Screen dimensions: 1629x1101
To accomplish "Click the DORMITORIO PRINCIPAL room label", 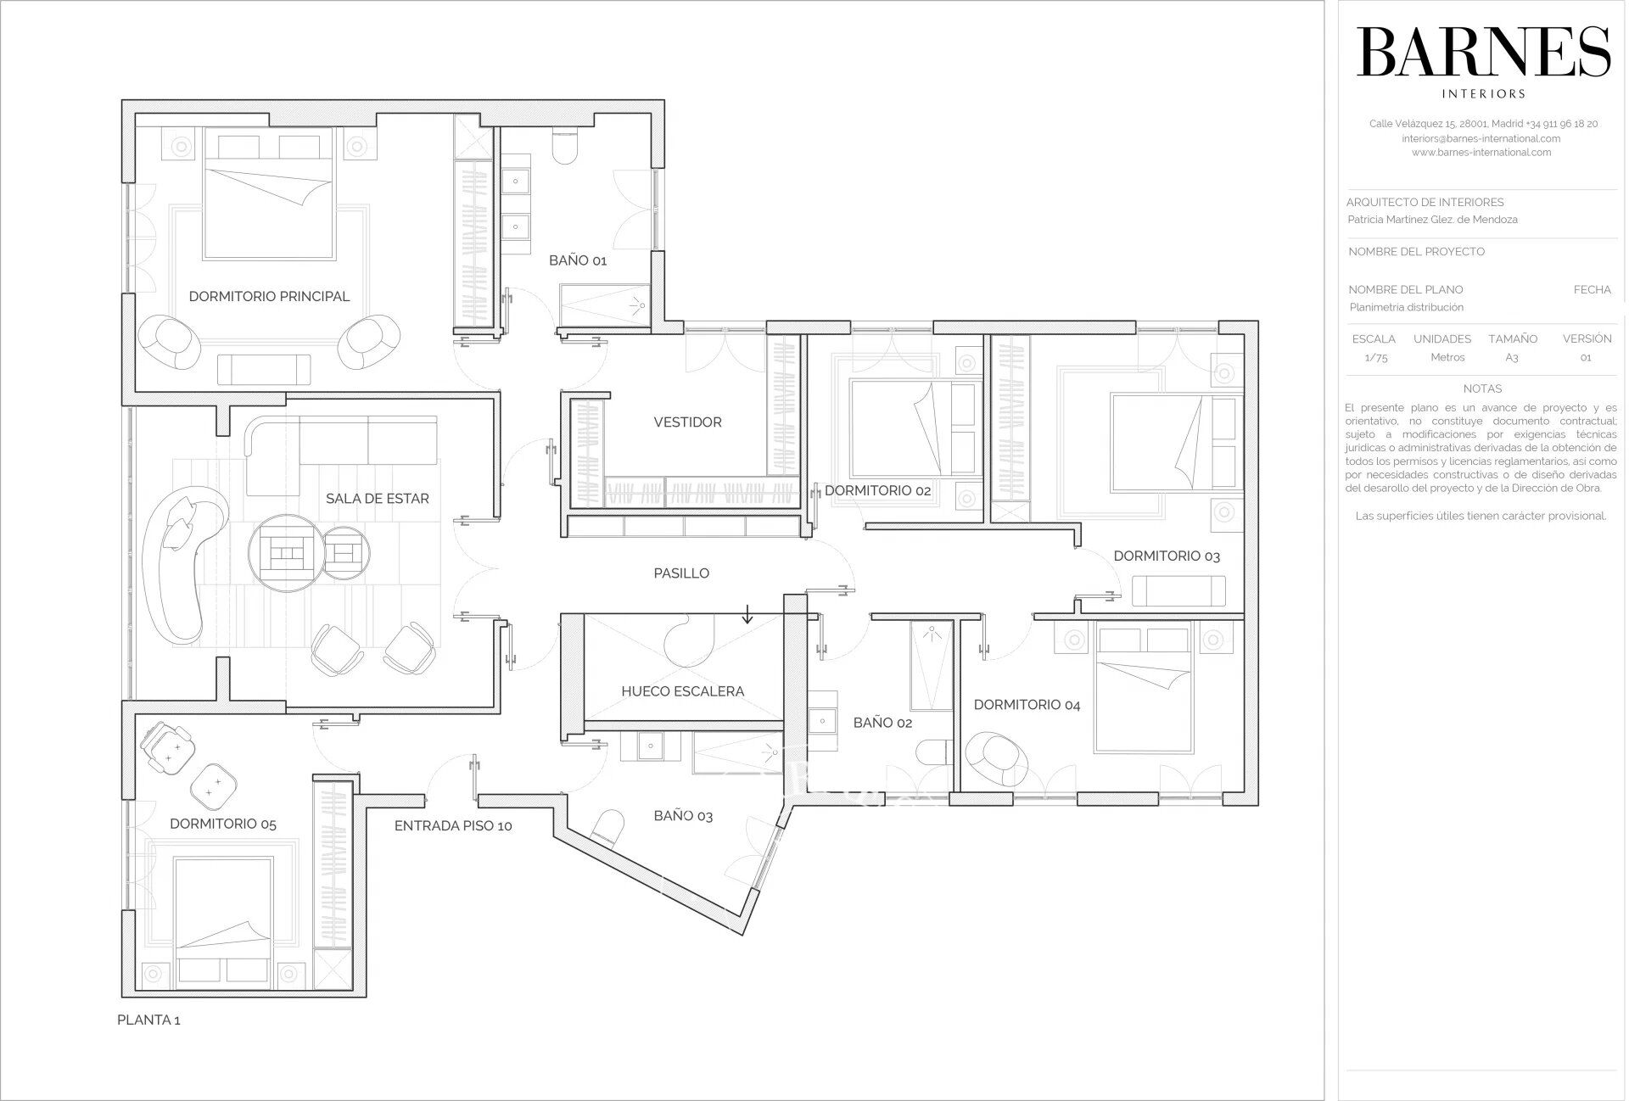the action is click(269, 296).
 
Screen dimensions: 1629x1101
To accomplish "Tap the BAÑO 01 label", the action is click(578, 260).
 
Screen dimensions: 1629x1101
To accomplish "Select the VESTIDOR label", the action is click(687, 422).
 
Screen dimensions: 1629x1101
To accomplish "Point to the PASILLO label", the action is click(681, 573).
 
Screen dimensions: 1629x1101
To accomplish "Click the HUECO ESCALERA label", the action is click(682, 691).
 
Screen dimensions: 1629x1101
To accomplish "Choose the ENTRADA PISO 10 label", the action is click(453, 825).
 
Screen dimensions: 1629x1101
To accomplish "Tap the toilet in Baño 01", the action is click(565, 144).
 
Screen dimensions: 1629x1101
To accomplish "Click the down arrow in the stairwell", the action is click(747, 612).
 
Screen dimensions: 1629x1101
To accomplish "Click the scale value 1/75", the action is click(1375, 357).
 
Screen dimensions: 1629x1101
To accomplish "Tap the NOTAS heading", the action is click(1482, 388).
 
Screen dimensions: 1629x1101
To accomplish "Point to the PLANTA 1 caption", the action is click(148, 1020).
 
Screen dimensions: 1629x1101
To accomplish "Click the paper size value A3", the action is click(1512, 357).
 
